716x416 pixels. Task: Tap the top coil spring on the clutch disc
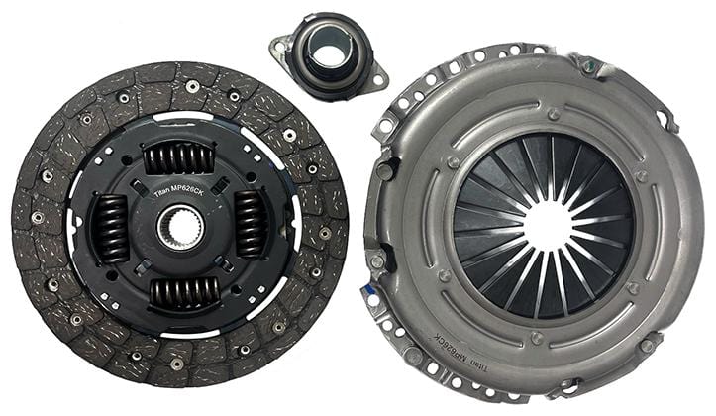tap(178, 157)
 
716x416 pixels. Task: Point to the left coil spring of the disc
tap(110, 228)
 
